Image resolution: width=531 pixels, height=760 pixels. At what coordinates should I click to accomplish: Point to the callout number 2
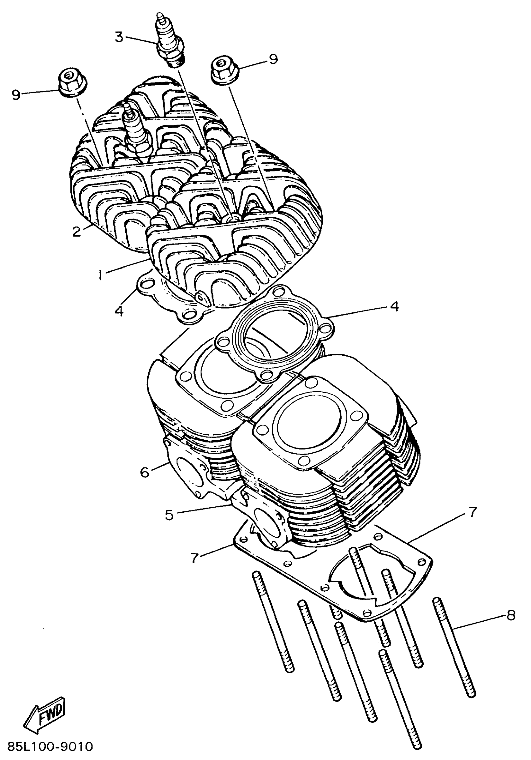coord(77,231)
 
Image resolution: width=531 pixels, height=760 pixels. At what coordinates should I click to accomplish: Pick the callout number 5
coord(169,515)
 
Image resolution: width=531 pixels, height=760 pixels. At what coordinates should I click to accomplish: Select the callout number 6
coord(145,472)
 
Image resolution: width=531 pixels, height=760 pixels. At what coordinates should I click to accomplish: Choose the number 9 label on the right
coord(273,59)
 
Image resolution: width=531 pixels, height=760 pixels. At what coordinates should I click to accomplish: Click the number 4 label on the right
coord(394,307)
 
